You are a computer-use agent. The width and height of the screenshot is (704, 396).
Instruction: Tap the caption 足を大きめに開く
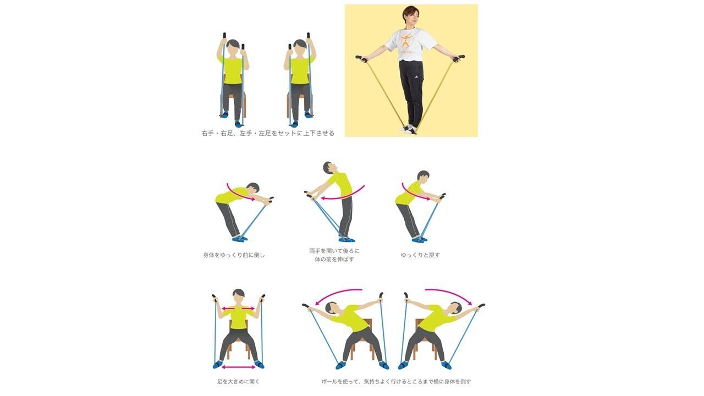(x=239, y=382)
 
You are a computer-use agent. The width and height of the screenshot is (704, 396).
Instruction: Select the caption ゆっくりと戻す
(x=420, y=255)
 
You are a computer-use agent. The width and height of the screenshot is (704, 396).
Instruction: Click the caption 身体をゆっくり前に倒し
(x=234, y=255)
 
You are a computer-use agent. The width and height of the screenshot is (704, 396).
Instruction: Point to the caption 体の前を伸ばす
(x=334, y=259)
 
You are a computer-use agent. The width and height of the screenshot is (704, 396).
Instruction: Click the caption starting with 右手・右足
(x=268, y=133)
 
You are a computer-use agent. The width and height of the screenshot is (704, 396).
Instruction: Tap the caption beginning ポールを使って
(x=396, y=382)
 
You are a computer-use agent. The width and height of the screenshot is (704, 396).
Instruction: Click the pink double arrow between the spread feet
(x=239, y=367)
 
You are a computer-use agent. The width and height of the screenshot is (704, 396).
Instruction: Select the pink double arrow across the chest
(x=238, y=309)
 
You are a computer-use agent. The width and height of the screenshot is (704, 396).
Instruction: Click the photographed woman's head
(x=411, y=17)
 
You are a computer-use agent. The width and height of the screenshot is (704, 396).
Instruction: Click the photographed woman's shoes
(x=409, y=129)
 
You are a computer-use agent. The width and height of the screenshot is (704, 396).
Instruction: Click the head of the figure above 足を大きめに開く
(x=239, y=296)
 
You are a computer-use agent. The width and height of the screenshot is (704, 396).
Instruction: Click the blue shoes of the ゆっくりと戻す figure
(x=420, y=240)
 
